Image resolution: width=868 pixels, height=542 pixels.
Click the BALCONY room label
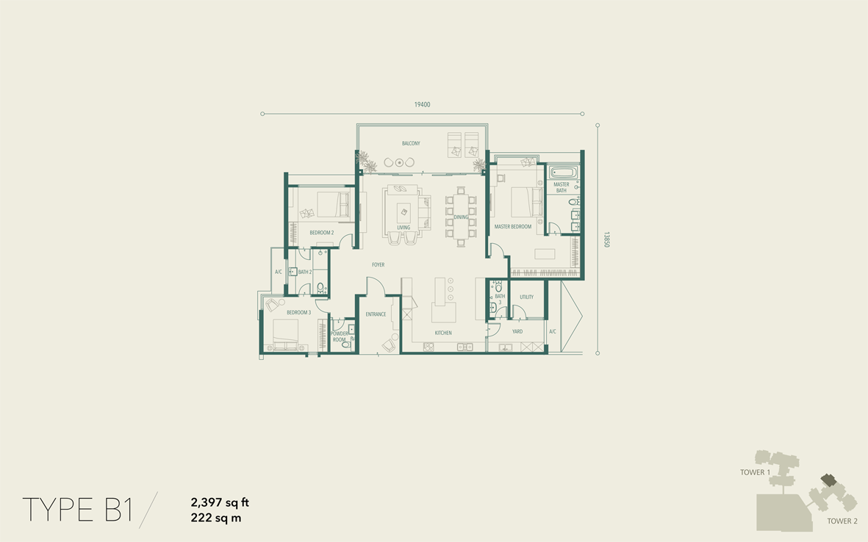click(x=411, y=143)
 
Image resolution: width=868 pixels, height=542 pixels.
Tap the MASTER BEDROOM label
click(x=512, y=226)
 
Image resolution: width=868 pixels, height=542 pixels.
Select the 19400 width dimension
click(x=423, y=104)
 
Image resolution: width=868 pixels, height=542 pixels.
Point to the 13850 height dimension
click(x=606, y=239)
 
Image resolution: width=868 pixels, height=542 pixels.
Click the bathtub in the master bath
click(x=564, y=173)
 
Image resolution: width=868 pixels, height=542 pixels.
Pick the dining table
click(x=461, y=217)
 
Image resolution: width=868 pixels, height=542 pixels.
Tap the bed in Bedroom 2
click(x=333, y=204)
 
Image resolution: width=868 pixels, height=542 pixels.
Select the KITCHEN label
click(x=443, y=333)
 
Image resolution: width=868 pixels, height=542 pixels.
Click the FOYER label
click(x=378, y=265)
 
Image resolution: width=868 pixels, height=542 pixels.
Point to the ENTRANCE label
click(x=376, y=314)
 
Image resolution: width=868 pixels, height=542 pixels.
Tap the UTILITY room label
click(x=526, y=297)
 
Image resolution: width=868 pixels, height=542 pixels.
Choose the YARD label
click(x=517, y=332)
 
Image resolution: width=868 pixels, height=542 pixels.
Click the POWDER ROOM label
click(x=340, y=337)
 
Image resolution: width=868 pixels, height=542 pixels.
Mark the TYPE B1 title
click(x=77, y=510)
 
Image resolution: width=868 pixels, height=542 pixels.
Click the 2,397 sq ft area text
click(x=220, y=502)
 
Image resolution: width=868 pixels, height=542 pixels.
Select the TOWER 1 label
click(x=756, y=472)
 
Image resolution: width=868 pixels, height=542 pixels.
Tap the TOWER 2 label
click(x=842, y=521)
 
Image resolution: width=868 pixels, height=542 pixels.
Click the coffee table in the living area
click(x=403, y=212)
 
